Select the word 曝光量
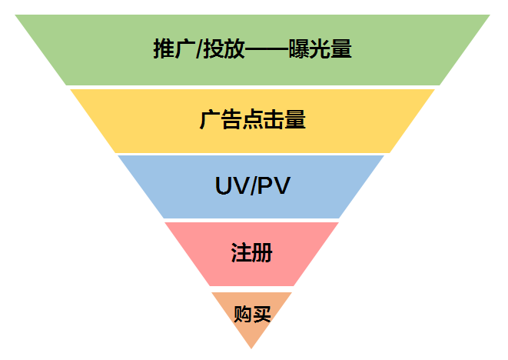coord(322,49)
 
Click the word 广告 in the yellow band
coord(216,120)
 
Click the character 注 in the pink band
coord(241,253)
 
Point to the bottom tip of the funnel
coord(252,348)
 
